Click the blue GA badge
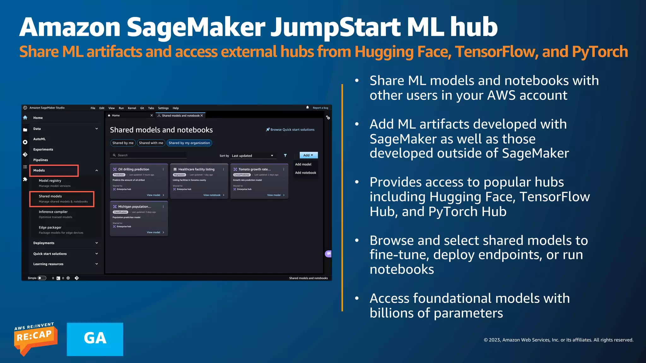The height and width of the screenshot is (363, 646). (x=95, y=339)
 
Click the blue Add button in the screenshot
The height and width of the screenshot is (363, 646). (x=308, y=155)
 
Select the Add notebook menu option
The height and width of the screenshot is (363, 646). (x=305, y=173)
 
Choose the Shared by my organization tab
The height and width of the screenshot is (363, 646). (x=189, y=143)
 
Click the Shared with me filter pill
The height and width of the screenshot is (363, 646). (x=151, y=143)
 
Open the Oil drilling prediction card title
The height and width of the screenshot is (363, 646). (x=133, y=169)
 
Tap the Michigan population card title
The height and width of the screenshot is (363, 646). (x=134, y=207)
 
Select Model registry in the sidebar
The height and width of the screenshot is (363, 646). (x=50, y=181)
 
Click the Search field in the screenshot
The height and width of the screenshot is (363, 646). (x=148, y=155)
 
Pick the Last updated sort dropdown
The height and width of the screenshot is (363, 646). (x=252, y=156)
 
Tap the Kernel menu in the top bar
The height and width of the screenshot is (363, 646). (x=132, y=108)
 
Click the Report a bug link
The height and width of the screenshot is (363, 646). (x=320, y=108)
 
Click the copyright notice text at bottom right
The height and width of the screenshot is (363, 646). (x=558, y=340)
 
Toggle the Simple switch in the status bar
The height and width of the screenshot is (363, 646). (x=42, y=278)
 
